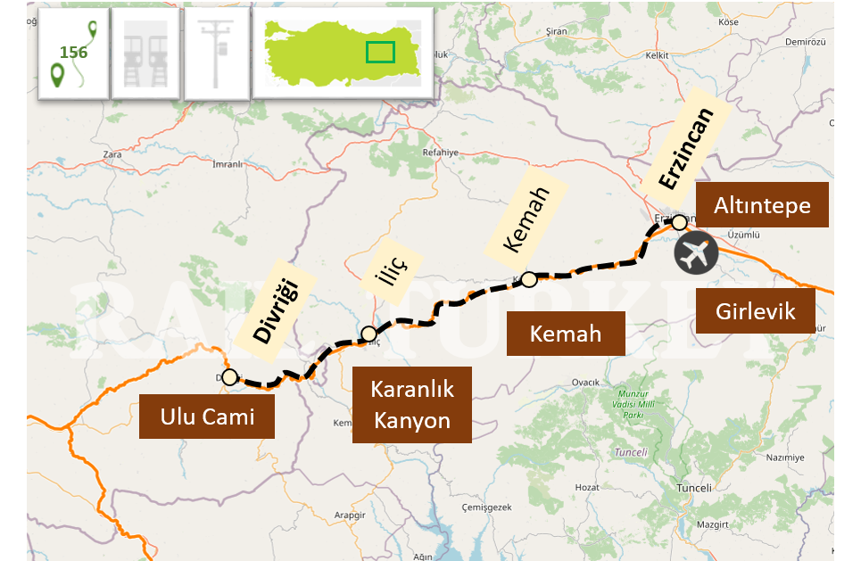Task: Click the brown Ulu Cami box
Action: [207, 416]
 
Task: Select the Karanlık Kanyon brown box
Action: [412, 404]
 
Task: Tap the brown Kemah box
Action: [566, 334]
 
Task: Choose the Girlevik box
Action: [756, 311]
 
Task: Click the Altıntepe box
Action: [762, 205]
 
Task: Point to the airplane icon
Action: [697, 253]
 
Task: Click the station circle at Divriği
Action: [229, 377]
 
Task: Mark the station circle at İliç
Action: [368, 334]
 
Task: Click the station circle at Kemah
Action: [528, 279]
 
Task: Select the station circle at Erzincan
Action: [680, 221]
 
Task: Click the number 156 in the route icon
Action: [74, 53]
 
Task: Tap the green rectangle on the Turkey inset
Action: [380, 53]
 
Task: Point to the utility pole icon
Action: [217, 54]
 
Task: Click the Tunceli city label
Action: [694, 488]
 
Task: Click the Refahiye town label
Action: [440, 153]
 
